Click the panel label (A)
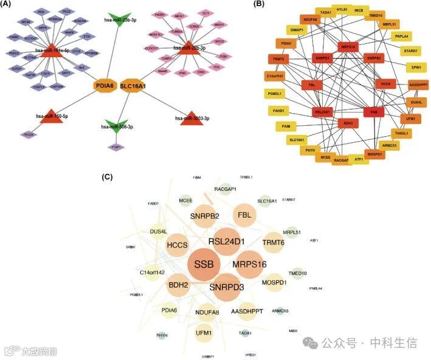tap(8, 4)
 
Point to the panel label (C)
tap(108, 177)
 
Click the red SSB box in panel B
tap(373, 112)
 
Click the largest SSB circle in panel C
tap(205, 265)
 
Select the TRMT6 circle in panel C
tap(274, 243)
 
